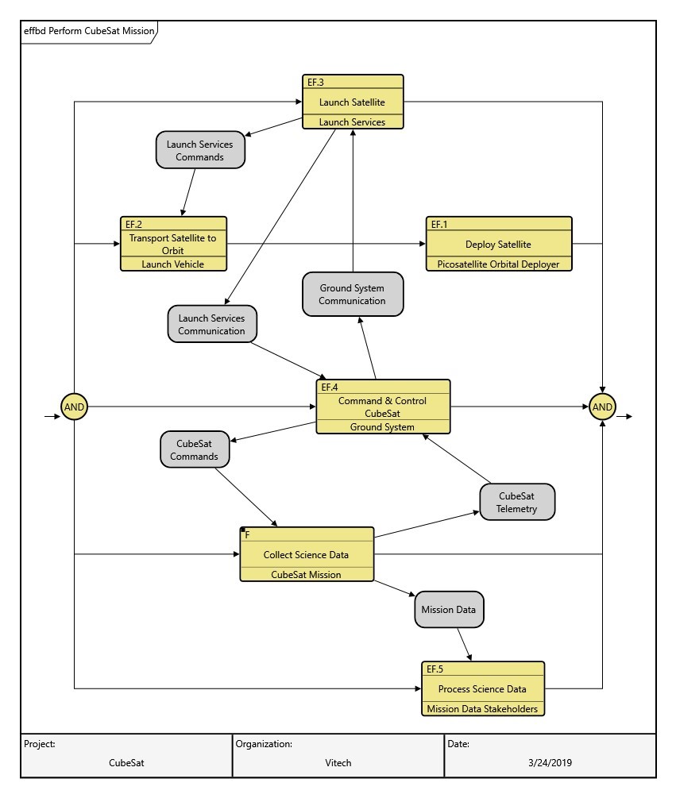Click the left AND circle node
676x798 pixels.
point(74,407)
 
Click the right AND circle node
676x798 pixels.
point(602,407)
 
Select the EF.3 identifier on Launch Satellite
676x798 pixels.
point(315,81)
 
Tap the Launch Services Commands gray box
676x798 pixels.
point(199,150)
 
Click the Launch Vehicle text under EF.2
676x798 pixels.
point(173,264)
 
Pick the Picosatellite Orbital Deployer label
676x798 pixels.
point(498,264)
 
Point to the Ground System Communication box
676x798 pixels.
point(353,294)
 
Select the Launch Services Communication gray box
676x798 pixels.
point(211,324)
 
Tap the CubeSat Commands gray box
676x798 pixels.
point(195,450)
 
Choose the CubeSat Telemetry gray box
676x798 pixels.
point(517,503)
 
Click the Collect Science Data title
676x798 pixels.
point(307,555)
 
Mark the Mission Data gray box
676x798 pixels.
point(449,611)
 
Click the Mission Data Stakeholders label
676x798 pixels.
point(482,709)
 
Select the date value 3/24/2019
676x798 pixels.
point(549,763)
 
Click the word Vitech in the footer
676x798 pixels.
point(338,763)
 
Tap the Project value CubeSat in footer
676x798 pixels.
point(126,763)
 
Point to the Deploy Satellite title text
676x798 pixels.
point(498,244)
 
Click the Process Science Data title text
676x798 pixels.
point(482,688)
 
